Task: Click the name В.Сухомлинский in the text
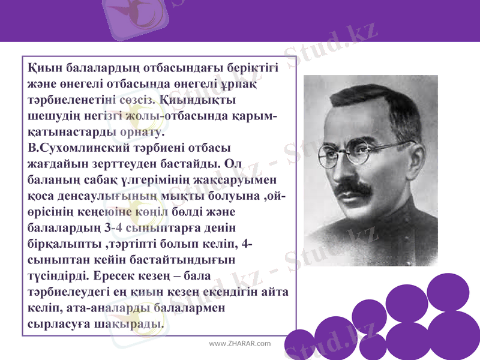[x=73, y=146]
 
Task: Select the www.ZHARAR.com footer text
[x=239, y=344]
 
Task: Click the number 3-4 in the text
[x=116, y=227]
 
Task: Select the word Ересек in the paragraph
[x=118, y=277]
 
